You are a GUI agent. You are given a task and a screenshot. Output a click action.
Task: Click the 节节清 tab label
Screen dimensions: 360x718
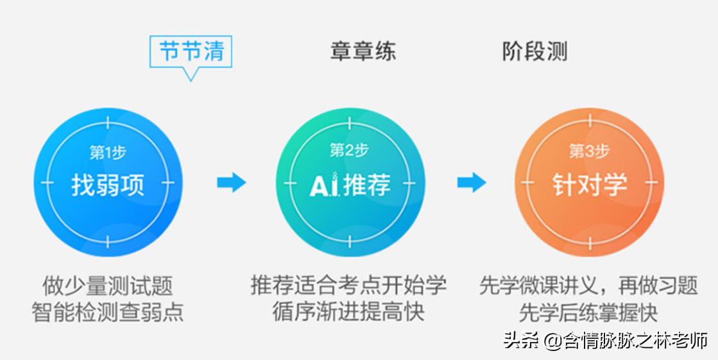[x=191, y=51]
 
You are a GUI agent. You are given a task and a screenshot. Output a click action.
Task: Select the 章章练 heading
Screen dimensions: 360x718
[x=363, y=51]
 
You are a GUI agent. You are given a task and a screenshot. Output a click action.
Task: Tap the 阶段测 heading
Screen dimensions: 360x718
[x=534, y=51]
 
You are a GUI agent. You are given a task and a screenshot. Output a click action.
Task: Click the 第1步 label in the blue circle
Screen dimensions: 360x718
[x=108, y=153]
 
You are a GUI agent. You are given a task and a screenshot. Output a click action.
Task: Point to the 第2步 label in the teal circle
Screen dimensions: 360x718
[x=349, y=151]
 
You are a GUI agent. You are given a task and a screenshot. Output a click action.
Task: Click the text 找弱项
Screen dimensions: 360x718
[x=108, y=185]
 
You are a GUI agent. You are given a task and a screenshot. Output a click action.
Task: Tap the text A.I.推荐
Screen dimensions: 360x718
[x=350, y=185]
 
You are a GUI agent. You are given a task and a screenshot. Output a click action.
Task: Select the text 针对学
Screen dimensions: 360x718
[x=590, y=185]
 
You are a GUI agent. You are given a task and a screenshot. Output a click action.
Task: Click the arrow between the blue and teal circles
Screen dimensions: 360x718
[x=231, y=183]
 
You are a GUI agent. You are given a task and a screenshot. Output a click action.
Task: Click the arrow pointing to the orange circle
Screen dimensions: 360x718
[x=472, y=183]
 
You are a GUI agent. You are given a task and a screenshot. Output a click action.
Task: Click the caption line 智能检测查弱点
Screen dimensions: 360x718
[x=108, y=313]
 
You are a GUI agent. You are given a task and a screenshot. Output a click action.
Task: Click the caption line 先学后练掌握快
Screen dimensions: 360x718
[x=588, y=313]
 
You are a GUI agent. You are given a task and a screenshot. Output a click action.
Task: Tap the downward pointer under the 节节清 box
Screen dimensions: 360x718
[x=190, y=74]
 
